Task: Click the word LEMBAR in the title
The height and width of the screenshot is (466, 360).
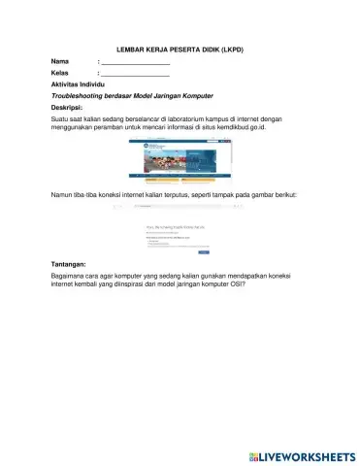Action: click(x=130, y=47)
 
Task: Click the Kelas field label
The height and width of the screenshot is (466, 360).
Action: click(x=60, y=74)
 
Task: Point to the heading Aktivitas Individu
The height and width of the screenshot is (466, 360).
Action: click(x=83, y=85)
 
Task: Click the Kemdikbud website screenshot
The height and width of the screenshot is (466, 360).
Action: click(x=180, y=160)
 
